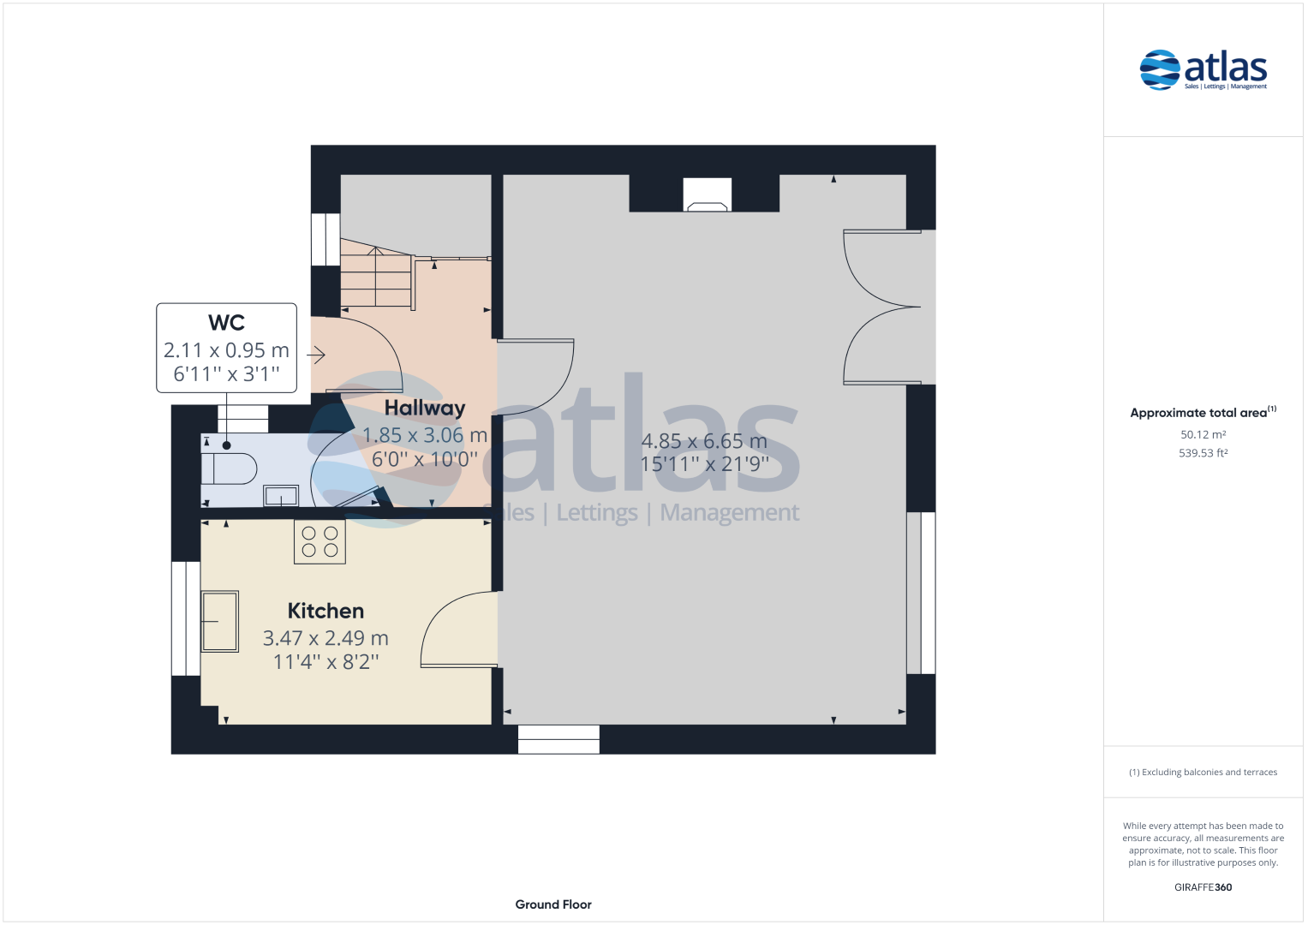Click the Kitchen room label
pyautogui.click(x=326, y=611)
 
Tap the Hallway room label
pyautogui.click(x=425, y=408)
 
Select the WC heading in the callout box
pyautogui.click(x=226, y=322)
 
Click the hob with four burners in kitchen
pyautogui.click(x=320, y=542)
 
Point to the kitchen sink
pyautogui.click(x=219, y=621)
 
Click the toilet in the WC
pyautogui.click(x=229, y=467)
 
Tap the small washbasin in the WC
pyautogui.click(x=281, y=497)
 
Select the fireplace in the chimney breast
pyautogui.click(x=708, y=194)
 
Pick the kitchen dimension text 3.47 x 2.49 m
pyautogui.click(x=326, y=638)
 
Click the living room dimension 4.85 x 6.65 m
pyautogui.click(x=704, y=441)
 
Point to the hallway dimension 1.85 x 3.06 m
pyautogui.click(x=425, y=435)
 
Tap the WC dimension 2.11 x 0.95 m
pyautogui.click(x=226, y=349)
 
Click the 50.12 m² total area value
pyautogui.click(x=1203, y=434)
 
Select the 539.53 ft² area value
pyautogui.click(x=1203, y=453)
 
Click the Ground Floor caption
pyautogui.click(x=553, y=904)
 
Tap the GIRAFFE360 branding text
pyautogui.click(x=1203, y=887)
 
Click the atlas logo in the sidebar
pyautogui.click(x=1203, y=70)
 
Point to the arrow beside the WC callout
pyautogui.click(x=316, y=355)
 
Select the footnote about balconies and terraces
pyautogui.click(x=1203, y=772)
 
